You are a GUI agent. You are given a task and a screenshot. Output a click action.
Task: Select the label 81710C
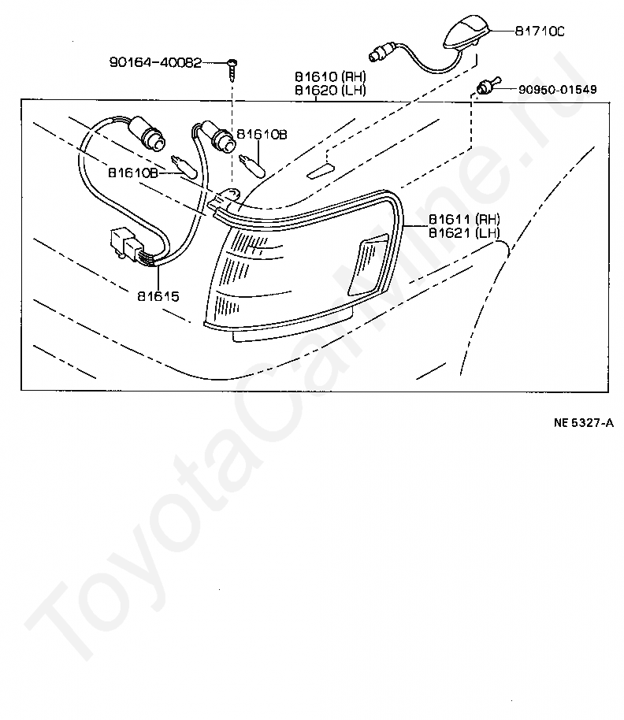click(x=540, y=31)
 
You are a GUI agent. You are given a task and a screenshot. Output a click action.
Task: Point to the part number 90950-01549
click(x=557, y=90)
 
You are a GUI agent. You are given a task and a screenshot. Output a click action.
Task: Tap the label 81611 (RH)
click(x=465, y=219)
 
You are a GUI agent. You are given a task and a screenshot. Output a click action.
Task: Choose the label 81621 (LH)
click(x=465, y=232)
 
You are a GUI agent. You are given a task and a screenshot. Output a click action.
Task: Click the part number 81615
click(x=158, y=297)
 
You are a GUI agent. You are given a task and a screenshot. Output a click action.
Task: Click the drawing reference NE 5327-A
click(x=584, y=423)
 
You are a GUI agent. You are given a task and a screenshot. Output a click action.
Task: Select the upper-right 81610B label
click(x=262, y=135)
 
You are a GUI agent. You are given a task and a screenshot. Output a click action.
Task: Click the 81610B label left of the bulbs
click(x=132, y=171)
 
